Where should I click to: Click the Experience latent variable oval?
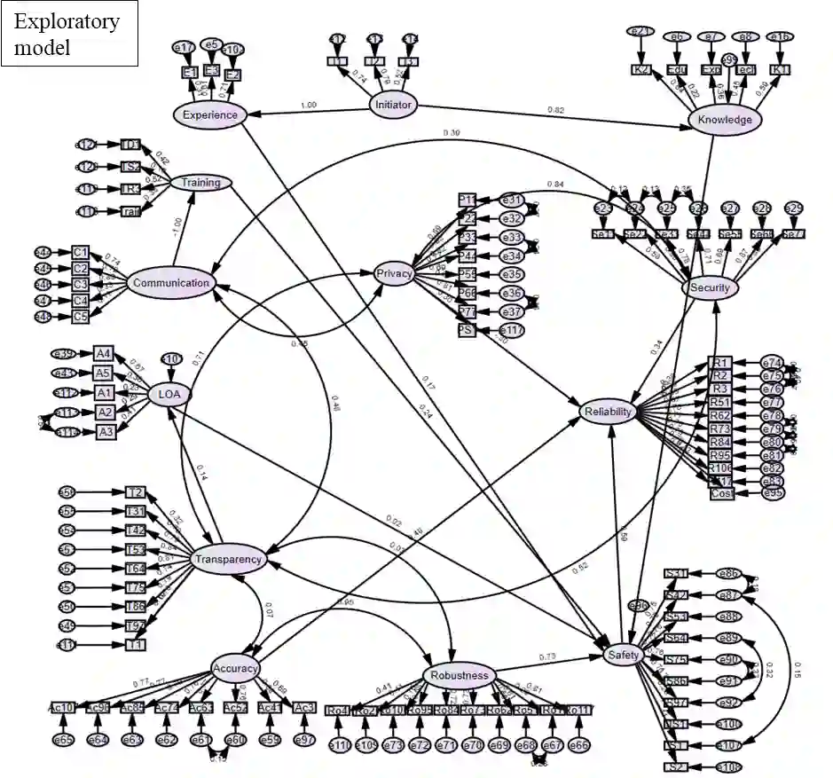tap(209, 114)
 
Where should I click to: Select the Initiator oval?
tap(394, 105)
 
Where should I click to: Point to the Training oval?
tap(200, 183)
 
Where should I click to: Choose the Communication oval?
tap(169, 284)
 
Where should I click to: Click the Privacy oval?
tap(394, 273)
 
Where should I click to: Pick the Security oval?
tap(710, 287)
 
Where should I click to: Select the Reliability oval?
tap(609, 412)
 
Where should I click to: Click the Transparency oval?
tap(227, 559)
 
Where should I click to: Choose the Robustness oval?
tap(459, 675)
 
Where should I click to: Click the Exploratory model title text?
tap(67, 34)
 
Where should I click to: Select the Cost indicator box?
tap(722, 492)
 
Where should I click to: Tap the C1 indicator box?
tap(81, 253)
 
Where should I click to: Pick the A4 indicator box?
tap(104, 354)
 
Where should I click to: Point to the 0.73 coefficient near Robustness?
tap(547, 657)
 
